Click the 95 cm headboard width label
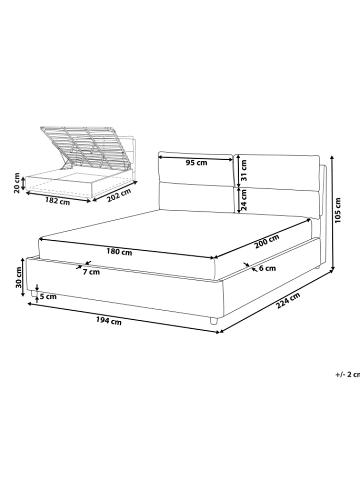[x=196, y=162]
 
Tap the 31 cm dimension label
[x=243, y=170]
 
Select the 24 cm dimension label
[x=243, y=200]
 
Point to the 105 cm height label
[x=337, y=210]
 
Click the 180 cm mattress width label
[x=119, y=252]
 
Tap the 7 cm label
[x=91, y=271]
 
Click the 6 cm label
[x=267, y=268]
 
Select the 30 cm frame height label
[x=18, y=277]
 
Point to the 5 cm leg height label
[x=48, y=296]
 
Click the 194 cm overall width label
[x=108, y=321]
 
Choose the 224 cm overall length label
[x=288, y=300]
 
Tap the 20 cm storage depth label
[x=17, y=183]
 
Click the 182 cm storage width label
[x=57, y=201]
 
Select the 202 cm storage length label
[x=119, y=195]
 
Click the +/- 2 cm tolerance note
[x=348, y=374]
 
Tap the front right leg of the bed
[x=213, y=321]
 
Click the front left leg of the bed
[x=33, y=294]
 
